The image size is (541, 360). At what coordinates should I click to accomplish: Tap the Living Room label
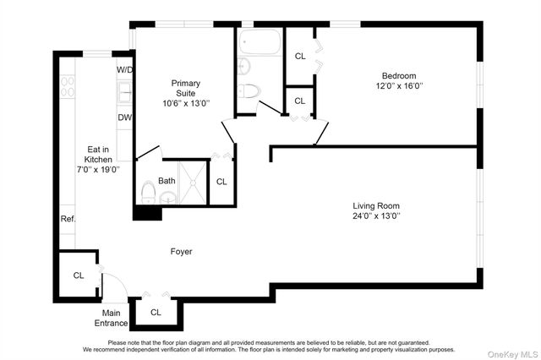pyautogui.click(x=376, y=205)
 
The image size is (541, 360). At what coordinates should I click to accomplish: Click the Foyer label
pyautogui.click(x=181, y=252)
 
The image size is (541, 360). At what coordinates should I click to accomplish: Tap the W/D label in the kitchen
pyautogui.click(x=124, y=69)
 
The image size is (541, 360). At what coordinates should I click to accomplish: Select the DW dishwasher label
pyautogui.click(x=124, y=117)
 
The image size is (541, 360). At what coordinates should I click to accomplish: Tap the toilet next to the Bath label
pyautogui.click(x=147, y=192)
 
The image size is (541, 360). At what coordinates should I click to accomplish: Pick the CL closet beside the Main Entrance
pyautogui.click(x=78, y=275)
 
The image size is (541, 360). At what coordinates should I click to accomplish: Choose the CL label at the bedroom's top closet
pyautogui.click(x=300, y=56)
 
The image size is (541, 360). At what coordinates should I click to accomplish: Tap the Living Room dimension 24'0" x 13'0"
pyautogui.click(x=376, y=216)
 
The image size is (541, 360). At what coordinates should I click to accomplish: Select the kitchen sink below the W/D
pyautogui.click(x=124, y=90)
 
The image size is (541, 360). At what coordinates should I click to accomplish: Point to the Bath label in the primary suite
pyautogui.click(x=167, y=180)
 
